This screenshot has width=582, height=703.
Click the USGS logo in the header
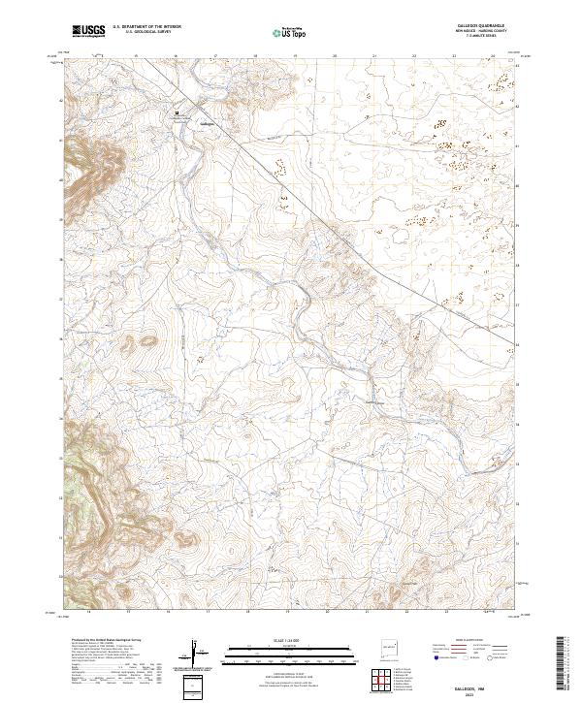click(89, 31)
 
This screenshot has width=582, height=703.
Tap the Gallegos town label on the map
click(206, 123)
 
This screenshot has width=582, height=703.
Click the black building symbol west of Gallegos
click(177, 113)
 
